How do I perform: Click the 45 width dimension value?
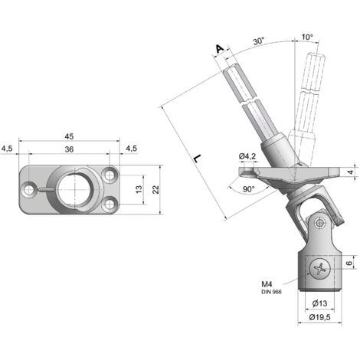pyautogui.click(x=69, y=136)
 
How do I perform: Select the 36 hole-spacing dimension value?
pyautogui.click(x=69, y=149)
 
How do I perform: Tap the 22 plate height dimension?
pyautogui.click(x=155, y=189)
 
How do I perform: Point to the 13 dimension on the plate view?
pyautogui.click(x=139, y=189)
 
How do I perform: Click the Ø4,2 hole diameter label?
pyautogui.click(x=247, y=156)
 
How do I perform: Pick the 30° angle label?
pyautogui.click(x=259, y=41)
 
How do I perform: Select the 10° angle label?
pyautogui.click(x=307, y=37)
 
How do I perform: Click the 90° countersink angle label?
pyautogui.click(x=248, y=189)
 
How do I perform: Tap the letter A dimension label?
pyautogui.click(x=220, y=48)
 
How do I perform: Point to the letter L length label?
pyautogui.click(x=197, y=159)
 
